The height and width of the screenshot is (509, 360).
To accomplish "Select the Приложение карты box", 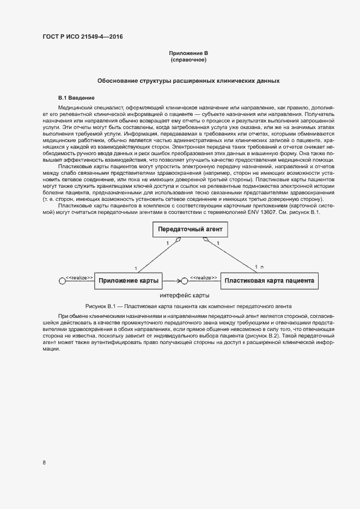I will (x=129, y=281).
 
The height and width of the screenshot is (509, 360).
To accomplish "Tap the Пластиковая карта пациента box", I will (x=270, y=281).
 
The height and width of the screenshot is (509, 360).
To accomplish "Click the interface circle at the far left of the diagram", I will (x=62, y=281).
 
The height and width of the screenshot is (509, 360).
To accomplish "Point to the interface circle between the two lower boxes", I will (x=185, y=281).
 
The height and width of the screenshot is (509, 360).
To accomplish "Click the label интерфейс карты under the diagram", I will (x=185, y=295).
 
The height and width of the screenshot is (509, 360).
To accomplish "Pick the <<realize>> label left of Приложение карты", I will (x=80, y=278).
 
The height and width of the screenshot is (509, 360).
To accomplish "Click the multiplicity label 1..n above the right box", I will (x=259, y=267).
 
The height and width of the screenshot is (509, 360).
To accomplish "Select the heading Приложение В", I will (x=188, y=53).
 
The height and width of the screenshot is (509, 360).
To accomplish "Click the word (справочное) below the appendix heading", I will (x=188, y=59).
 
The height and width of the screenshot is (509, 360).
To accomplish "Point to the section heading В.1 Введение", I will (x=76, y=97).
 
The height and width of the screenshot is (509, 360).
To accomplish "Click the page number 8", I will (x=44, y=463).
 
